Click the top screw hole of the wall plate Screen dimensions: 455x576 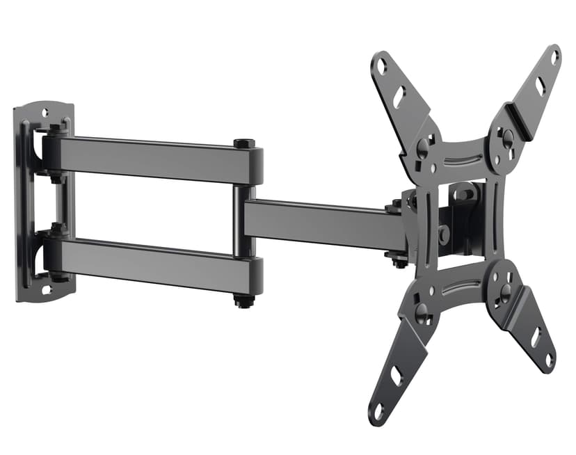[45, 111]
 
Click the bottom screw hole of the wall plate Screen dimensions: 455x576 [46, 289]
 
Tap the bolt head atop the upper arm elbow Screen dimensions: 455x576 [245, 143]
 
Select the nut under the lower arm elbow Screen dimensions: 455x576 [243, 302]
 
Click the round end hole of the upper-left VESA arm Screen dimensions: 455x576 [381, 67]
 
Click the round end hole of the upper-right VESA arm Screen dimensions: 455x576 [554, 57]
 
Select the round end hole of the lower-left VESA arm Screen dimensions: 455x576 [379, 410]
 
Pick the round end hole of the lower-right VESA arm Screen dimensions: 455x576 [549, 360]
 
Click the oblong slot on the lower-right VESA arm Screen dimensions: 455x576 [536, 337]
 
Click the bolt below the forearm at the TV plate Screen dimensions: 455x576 [399, 260]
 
